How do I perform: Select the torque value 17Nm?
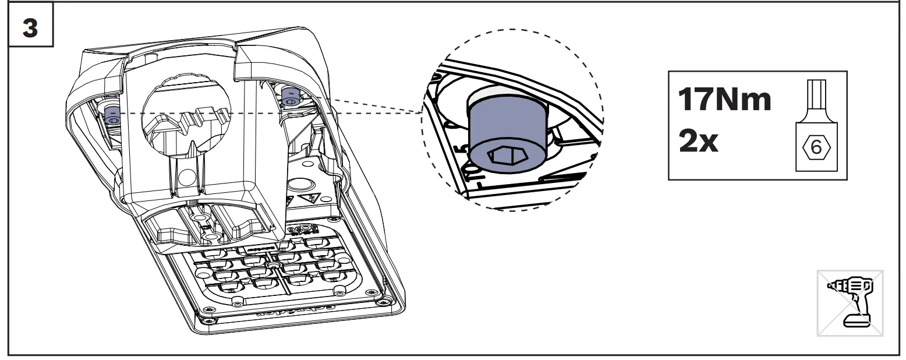[724, 100]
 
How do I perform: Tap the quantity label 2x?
[699, 142]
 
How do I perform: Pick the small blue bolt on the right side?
[289, 96]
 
